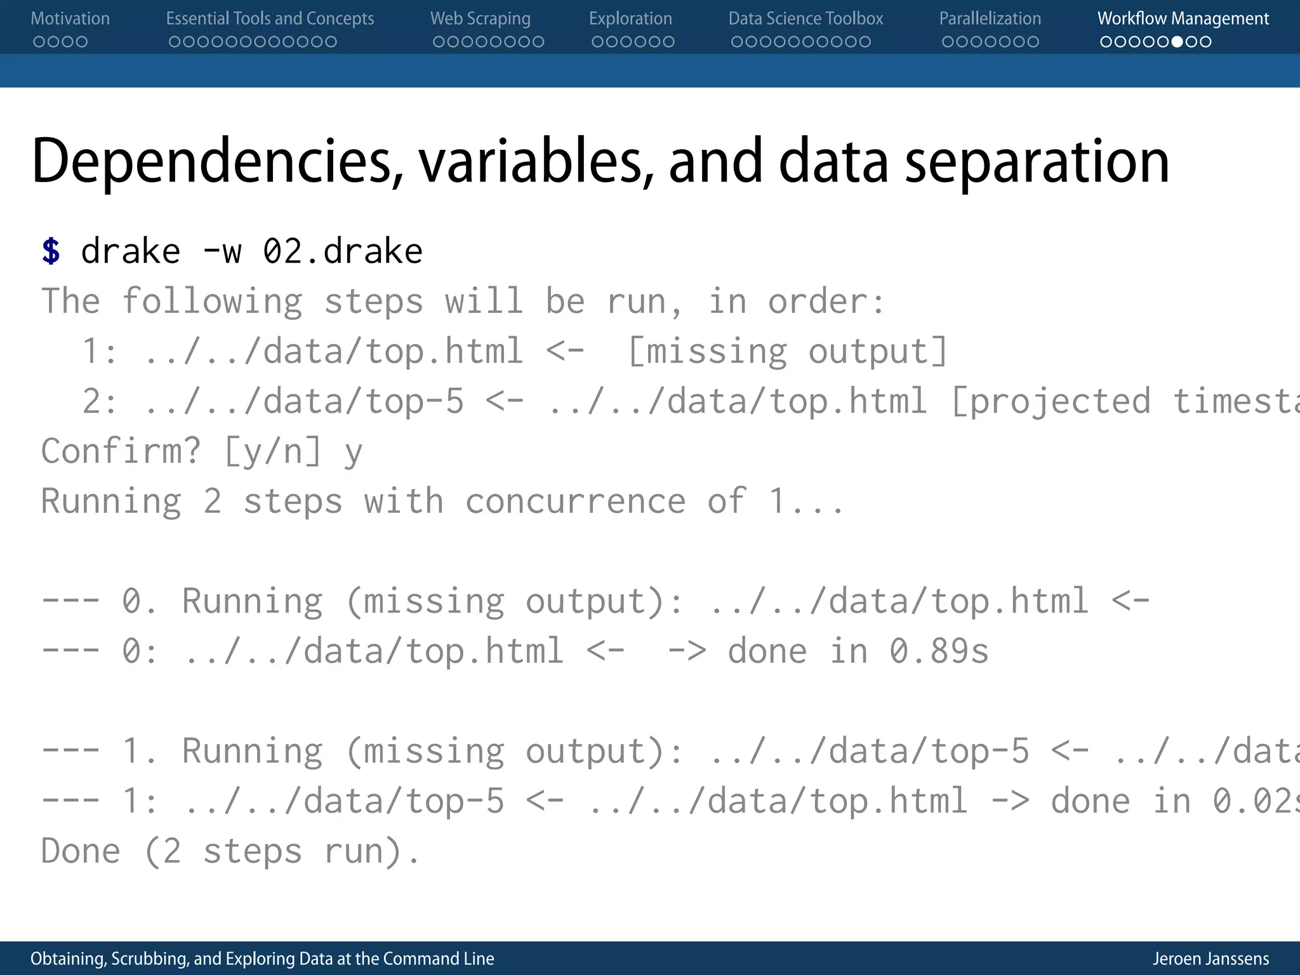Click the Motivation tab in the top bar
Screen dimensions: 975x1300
pyautogui.click(x=70, y=19)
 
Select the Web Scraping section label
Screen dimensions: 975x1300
pyautogui.click(x=480, y=19)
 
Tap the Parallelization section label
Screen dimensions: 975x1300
pyautogui.click(x=990, y=19)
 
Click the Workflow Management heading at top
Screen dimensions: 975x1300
pyautogui.click(x=1183, y=19)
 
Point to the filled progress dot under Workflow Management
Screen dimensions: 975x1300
pyautogui.click(x=1177, y=42)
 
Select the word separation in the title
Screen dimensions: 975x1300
pyautogui.click(x=1036, y=162)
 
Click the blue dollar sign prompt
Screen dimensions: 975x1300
pyautogui.click(x=51, y=251)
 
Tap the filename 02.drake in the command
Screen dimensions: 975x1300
pyautogui.click(x=343, y=251)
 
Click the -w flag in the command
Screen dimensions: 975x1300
pyautogui.click(x=222, y=251)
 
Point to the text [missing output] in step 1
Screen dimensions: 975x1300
pyautogui.click(x=787, y=351)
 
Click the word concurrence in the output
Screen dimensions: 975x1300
pyautogui.click(x=575, y=501)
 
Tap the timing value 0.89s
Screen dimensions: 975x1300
pyautogui.click(x=938, y=651)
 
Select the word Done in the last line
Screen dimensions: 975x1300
pyautogui.click(x=81, y=851)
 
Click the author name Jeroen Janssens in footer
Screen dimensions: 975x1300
pyautogui.click(x=1210, y=958)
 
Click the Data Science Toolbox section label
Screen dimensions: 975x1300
pyautogui.click(x=805, y=19)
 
